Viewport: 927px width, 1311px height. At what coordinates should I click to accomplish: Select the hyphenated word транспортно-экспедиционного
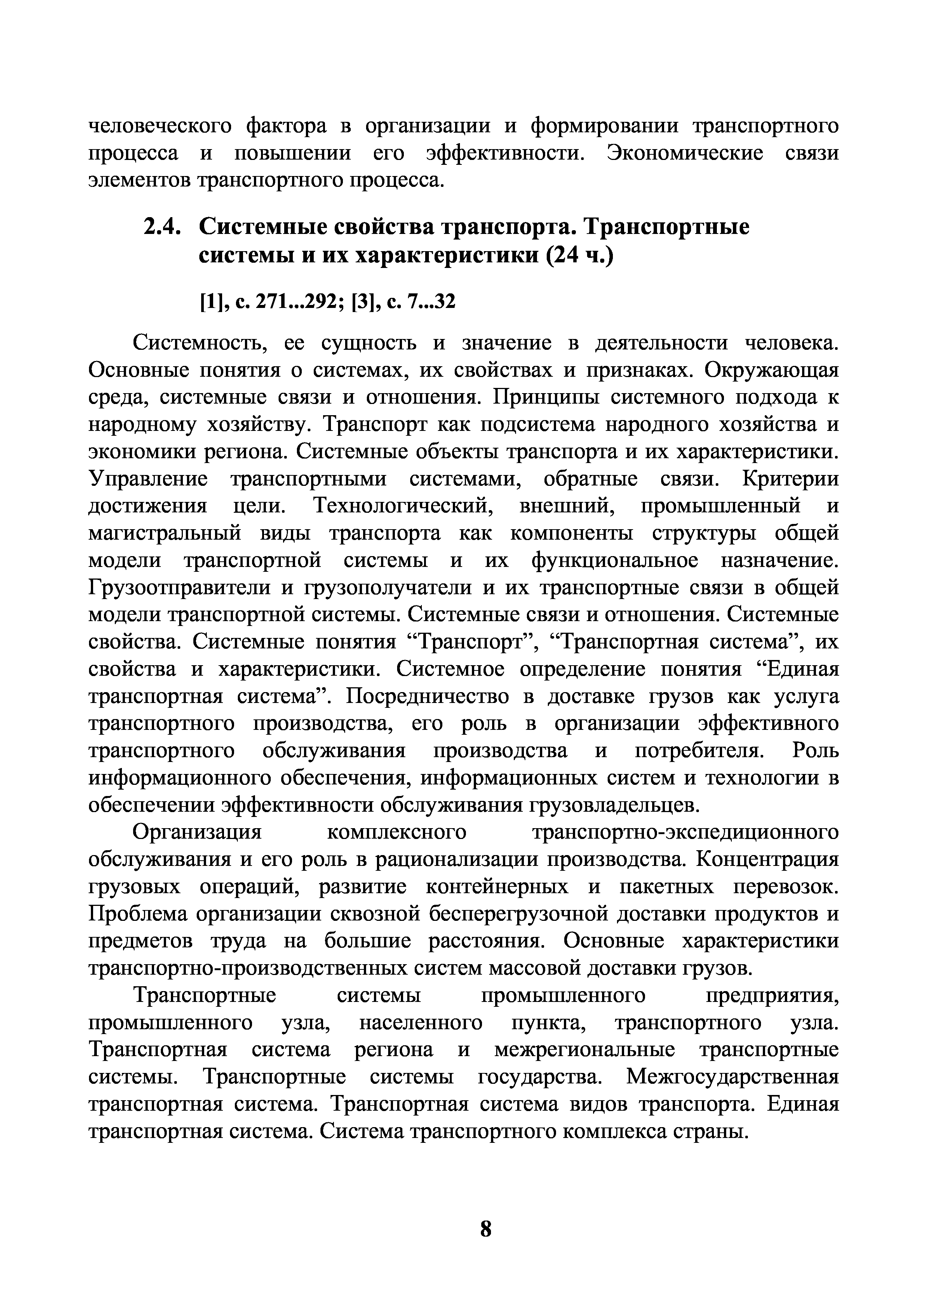click(x=685, y=833)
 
